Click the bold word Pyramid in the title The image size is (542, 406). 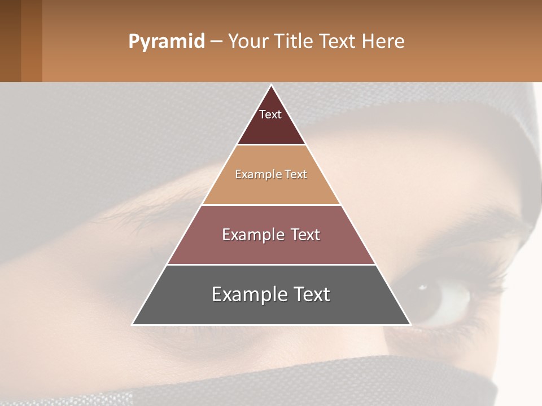tap(167, 42)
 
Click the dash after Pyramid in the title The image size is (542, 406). tap(216, 42)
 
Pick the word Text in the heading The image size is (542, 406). tap(338, 42)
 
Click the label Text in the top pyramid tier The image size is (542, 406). tap(270, 114)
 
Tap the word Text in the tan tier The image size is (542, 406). tap(296, 175)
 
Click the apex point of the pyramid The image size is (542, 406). tap(272, 86)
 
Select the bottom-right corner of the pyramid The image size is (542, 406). tap(410, 324)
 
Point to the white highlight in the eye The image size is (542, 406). tap(422, 288)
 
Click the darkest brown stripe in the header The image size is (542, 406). tap(10, 41)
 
